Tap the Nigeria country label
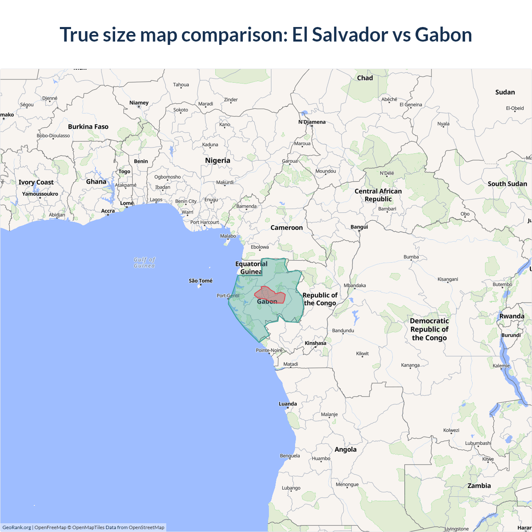(x=217, y=160)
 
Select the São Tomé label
(x=200, y=281)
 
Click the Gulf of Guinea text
(x=144, y=263)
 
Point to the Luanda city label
(x=288, y=404)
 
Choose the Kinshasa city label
(x=315, y=343)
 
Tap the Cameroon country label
(x=286, y=228)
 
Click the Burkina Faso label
(x=88, y=127)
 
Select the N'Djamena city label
(x=312, y=122)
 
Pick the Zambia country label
(x=479, y=486)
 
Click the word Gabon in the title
(x=443, y=34)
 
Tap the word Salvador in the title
(x=350, y=34)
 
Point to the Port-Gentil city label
(x=228, y=296)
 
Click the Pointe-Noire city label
(x=269, y=350)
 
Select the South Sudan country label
(x=507, y=184)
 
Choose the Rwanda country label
(x=512, y=316)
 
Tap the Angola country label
(x=345, y=449)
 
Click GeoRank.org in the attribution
(x=17, y=527)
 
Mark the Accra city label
(x=108, y=211)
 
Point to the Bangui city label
(x=359, y=227)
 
